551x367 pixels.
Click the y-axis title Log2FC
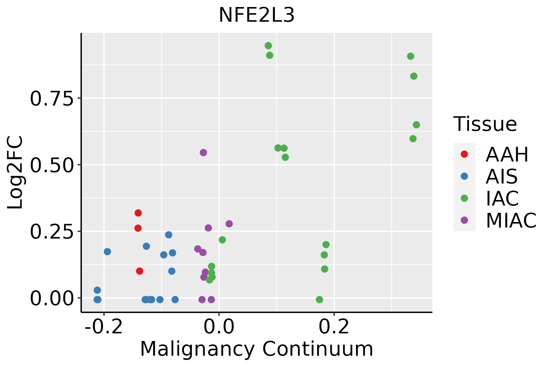(x=15, y=173)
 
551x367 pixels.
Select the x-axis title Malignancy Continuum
(x=257, y=349)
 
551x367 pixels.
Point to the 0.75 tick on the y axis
(x=52, y=99)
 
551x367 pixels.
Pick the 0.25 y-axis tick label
(x=52, y=232)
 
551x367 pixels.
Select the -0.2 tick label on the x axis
(x=104, y=327)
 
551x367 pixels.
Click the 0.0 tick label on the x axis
(x=219, y=327)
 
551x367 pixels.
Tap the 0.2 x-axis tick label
(x=334, y=327)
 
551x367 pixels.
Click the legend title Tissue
(x=485, y=124)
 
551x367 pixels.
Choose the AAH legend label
(x=507, y=154)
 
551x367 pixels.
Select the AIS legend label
(x=501, y=176)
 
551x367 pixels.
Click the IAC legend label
(x=502, y=198)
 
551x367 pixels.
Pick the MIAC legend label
(x=511, y=220)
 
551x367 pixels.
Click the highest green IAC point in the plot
(x=268, y=46)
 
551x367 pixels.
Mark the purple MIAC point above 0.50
(x=203, y=153)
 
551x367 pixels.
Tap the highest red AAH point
(x=138, y=213)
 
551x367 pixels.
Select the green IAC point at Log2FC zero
(x=319, y=299)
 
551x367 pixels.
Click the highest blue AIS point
(x=169, y=235)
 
